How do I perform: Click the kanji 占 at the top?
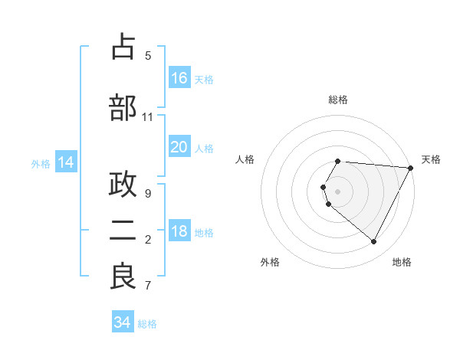[x=123, y=47]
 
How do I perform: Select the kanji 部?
[x=123, y=108]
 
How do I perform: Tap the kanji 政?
[x=123, y=185]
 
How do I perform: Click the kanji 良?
[x=123, y=277]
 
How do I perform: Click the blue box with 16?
[x=179, y=78]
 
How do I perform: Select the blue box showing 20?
[x=179, y=147]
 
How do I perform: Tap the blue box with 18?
[x=179, y=231]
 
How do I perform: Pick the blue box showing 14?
[x=66, y=162]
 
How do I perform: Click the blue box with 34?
[x=123, y=322]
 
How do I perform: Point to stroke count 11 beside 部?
[x=148, y=117]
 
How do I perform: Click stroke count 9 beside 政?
[x=148, y=194]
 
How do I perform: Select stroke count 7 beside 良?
[x=148, y=286]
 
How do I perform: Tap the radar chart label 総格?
[x=338, y=100]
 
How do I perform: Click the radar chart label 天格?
[x=431, y=159]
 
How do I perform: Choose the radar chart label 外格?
[x=270, y=262]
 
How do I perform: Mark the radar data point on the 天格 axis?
[x=411, y=168]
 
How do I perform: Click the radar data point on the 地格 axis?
[x=374, y=242]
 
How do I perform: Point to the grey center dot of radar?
[x=338, y=191]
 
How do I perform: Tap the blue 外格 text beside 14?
[x=40, y=163]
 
